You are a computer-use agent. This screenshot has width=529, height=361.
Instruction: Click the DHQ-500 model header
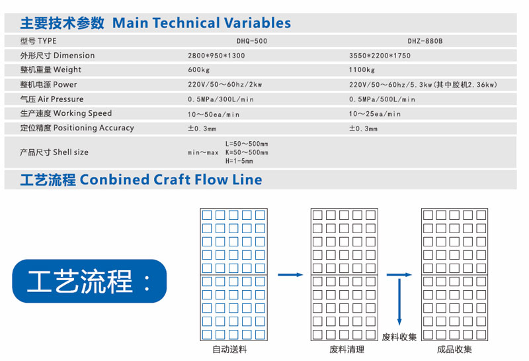tap(252, 41)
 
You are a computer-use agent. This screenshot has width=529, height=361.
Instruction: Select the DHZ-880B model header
tap(425, 41)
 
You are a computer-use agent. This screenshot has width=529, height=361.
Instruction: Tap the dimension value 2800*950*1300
tap(216, 56)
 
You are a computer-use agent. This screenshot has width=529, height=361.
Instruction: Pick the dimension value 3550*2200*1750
tap(380, 56)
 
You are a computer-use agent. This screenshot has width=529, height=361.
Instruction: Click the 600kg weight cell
tap(199, 70)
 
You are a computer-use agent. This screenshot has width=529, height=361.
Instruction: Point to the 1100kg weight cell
tap(362, 70)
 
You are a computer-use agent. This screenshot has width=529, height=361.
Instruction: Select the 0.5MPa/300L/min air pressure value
tap(221, 99)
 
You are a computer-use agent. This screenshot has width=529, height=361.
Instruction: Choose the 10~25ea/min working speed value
tap(374, 114)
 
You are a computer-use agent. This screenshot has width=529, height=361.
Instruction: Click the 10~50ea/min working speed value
tap(214, 114)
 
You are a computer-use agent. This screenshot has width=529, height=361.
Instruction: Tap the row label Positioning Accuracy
tap(94, 128)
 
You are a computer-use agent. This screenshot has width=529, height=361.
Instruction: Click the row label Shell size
tap(71, 152)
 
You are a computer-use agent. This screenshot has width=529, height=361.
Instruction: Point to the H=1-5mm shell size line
tap(239, 161)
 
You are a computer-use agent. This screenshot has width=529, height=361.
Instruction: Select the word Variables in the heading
tap(257, 23)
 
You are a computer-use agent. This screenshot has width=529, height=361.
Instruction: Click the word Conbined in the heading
tap(114, 180)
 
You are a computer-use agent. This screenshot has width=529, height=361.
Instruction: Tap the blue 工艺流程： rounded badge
tap(89, 281)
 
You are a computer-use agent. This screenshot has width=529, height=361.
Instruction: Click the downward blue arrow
tap(399, 301)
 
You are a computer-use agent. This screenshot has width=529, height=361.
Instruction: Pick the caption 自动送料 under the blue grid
tap(229, 349)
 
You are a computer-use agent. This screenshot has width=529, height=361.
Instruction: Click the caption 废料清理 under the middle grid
tap(346, 349)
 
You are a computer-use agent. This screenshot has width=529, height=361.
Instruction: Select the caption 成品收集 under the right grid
tap(454, 349)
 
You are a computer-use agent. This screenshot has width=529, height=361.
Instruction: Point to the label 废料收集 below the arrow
tap(399, 337)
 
